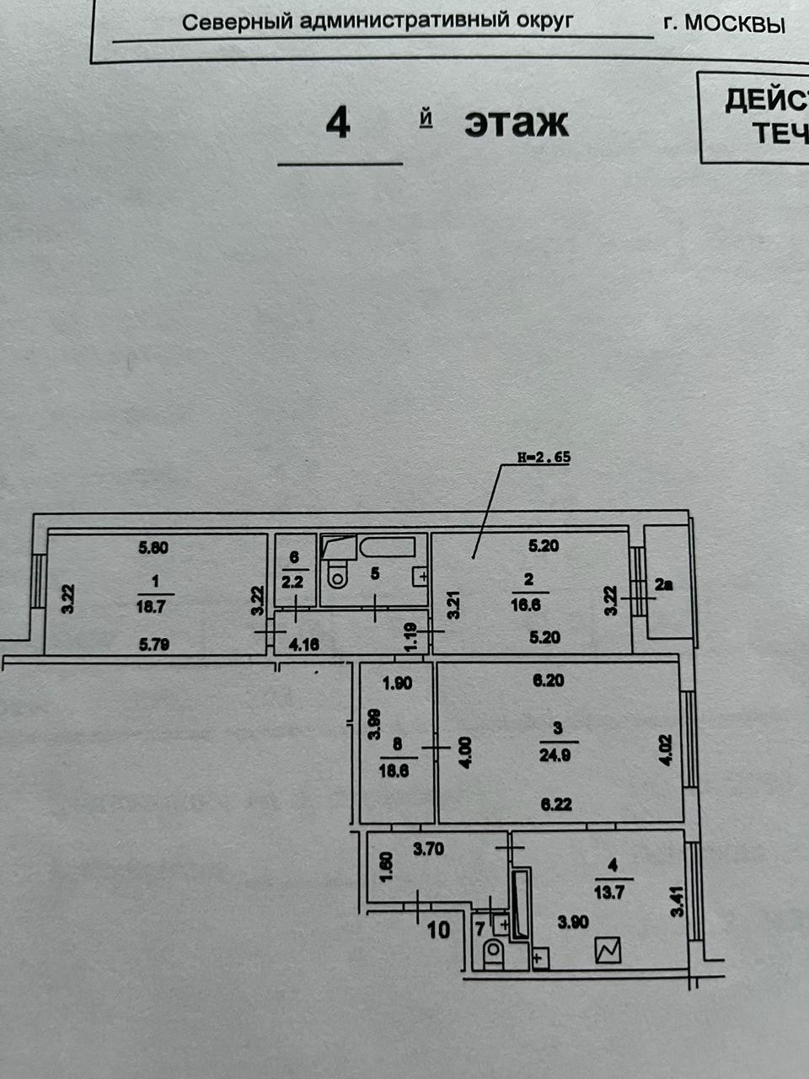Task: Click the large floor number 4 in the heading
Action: click(338, 124)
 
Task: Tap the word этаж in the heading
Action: click(516, 124)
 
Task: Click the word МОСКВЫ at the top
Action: click(734, 24)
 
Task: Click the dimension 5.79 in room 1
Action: click(153, 646)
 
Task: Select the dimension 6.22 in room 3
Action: click(556, 804)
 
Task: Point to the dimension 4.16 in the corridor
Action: click(303, 646)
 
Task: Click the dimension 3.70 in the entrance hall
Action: click(428, 850)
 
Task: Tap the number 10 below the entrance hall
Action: click(438, 931)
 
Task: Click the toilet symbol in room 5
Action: click(337, 573)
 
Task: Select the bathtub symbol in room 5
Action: click(388, 547)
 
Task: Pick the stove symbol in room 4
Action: click(608, 951)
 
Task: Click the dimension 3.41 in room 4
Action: click(675, 902)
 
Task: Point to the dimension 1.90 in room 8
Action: click(397, 684)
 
